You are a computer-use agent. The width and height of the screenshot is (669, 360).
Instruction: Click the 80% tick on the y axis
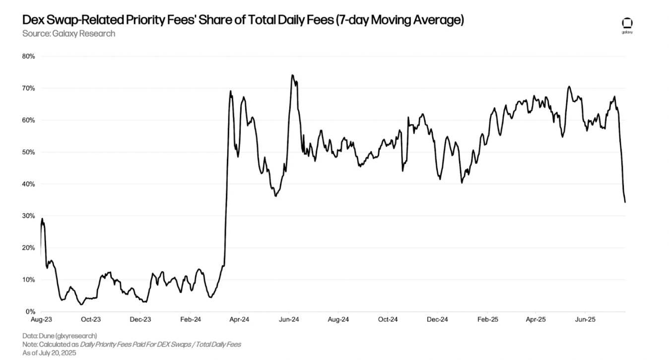click(28, 57)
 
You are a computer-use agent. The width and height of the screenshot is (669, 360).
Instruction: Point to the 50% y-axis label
click(28, 152)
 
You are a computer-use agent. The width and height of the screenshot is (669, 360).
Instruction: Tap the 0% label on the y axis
click(30, 312)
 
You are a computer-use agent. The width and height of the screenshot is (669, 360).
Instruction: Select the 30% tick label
click(28, 216)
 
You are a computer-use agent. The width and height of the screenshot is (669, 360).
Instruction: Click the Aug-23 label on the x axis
click(41, 320)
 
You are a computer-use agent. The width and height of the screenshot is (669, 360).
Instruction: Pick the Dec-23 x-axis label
click(140, 320)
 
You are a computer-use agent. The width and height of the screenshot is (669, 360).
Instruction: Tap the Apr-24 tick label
click(239, 320)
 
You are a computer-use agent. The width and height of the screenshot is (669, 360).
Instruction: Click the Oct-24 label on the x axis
click(388, 320)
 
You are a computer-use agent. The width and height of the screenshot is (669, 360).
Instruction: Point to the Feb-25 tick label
click(487, 320)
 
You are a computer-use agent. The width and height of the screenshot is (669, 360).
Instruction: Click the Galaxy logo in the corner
click(627, 25)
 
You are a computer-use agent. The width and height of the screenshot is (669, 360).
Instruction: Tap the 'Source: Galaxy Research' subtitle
click(68, 34)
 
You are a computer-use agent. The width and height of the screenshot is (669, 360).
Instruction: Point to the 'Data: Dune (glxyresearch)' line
click(60, 336)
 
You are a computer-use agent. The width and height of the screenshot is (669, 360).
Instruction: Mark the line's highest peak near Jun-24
click(292, 75)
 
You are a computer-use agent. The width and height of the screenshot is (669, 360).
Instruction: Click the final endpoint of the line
click(625, 202)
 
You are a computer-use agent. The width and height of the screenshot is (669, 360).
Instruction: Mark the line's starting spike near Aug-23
click(42, 218)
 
